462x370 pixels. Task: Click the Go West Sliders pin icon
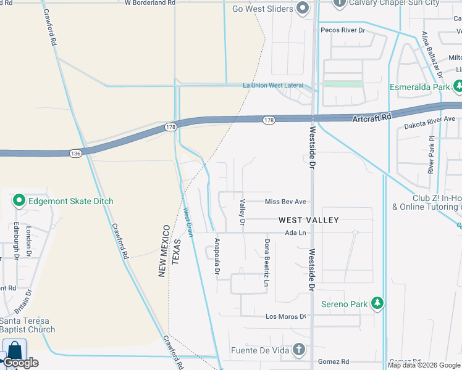pyautogui.click(x=302, y=8)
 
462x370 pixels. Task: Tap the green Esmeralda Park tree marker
pyautogui.click(x=458, y=88)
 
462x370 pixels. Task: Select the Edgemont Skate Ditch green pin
pyautogui.click(x=19, y=201)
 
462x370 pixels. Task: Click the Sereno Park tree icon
pyautogui.click(x=377, y=303)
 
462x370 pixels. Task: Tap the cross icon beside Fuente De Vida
pyautogui.click(x=298, y=350)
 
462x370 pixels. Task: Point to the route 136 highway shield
pyautogui.click(x=75, y=153)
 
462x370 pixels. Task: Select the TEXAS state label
pyautogui.click(x=175, y=252)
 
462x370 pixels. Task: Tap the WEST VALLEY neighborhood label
pyautogui.click(x=309, y=220)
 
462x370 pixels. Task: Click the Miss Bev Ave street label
pyautogui.click(x=285, y=202)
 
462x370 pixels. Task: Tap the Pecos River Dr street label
pyautogui.click(x=343, y=30)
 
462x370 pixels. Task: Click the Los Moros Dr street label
pyautogui.click(x=285, y=316)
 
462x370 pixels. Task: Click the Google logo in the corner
pyautogui.click(x=20, y=363)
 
